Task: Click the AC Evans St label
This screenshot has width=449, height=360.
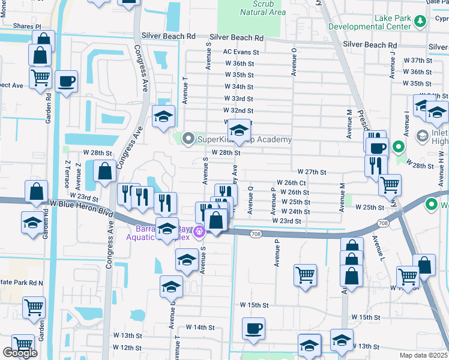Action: click(x=241, y=52)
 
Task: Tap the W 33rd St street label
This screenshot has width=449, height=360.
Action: click(x=238, y=98)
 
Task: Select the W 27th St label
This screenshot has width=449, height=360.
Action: click(x=311, y=172)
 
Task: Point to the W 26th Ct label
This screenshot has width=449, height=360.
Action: click(x=291, y=182)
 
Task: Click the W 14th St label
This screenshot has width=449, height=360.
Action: click(x=200, y=327)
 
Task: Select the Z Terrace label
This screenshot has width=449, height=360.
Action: click(x=67, y=172)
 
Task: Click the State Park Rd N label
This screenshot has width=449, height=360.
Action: click(x=22, y=283)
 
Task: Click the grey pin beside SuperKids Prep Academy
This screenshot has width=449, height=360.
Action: click(x=188, y=139)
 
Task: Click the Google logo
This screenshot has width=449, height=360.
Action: click(x=20, y=353)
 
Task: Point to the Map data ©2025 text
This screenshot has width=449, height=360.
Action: click(x=424, y=355)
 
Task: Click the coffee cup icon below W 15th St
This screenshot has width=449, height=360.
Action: click(x=253, y=328)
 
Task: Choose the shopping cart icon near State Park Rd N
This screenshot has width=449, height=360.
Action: click(x=34, y=307)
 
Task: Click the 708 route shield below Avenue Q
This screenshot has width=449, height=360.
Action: click(x=256, y=233)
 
